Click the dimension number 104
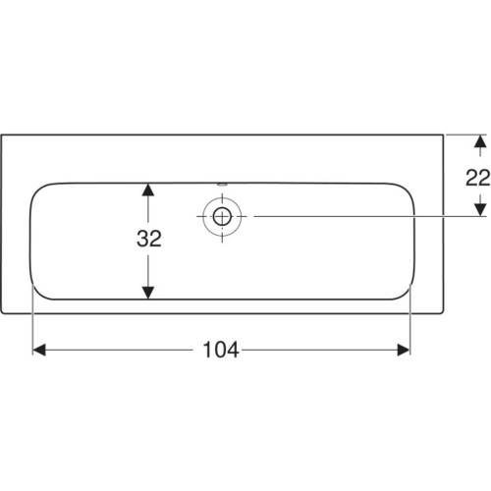[x=221, y=350]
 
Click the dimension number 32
[x=149, y=239]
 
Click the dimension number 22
[x=478, y=178]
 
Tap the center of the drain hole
[x=222, y=216]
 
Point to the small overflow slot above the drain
[x=222, y=185]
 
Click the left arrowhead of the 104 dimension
[x=39, y=350]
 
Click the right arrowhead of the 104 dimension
[x=403, y=350]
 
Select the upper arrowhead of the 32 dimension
[x=148, y=190]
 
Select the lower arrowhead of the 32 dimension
[x=148, y=293]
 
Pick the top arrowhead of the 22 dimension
[x=480, y=141]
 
